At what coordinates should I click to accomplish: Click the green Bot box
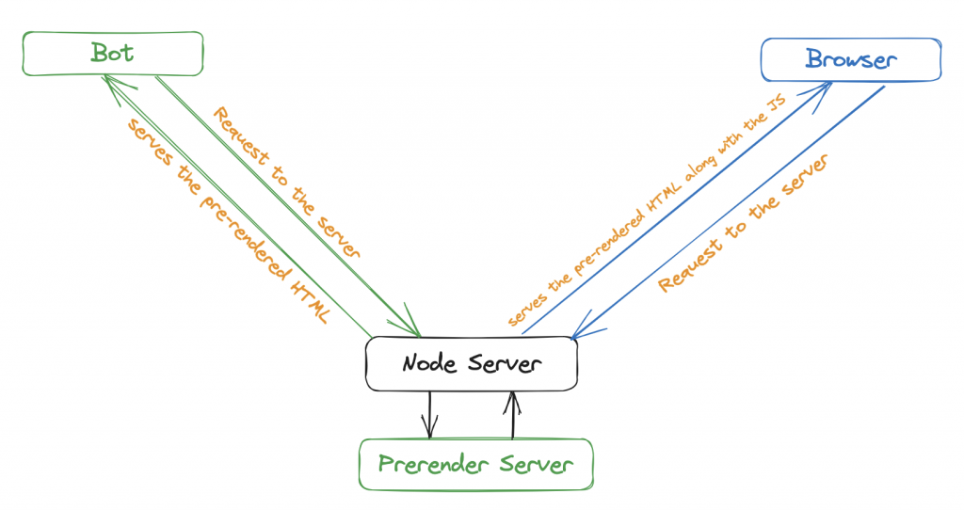(x=113, y=54)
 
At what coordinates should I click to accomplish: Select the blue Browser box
(x=850, y=59)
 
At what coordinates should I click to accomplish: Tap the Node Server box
(x=471, y=363)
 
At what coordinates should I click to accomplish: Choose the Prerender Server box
(x=475, y=464)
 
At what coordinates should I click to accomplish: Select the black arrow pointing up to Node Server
(x=512, y=414)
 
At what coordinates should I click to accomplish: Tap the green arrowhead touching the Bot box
(x=113, y=85)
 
